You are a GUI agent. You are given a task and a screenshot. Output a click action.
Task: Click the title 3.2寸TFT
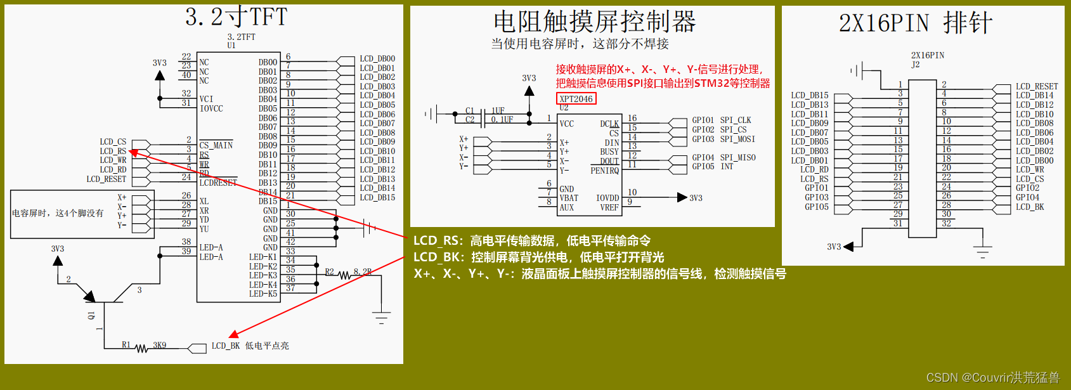click(x=236, y=17)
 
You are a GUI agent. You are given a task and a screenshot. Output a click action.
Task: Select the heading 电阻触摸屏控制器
click(x=594, y=22)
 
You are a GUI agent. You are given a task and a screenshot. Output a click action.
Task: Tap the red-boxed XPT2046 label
click(x=576, y=99)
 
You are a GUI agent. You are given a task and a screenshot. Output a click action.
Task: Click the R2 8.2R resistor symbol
click(x=345, y=275)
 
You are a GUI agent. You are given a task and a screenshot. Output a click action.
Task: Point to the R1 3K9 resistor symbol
click(x=141, y=348)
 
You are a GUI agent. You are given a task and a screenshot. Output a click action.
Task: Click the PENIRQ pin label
click(x=604, y=171)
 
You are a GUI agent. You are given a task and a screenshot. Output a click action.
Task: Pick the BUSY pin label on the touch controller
click(x=609, y=152)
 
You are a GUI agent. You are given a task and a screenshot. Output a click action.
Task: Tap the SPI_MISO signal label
click(x=737, y=158)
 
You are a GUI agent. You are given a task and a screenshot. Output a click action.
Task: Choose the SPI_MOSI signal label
click(x=737, y=139)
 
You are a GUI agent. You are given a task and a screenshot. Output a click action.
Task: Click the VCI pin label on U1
click(x=206, y=100)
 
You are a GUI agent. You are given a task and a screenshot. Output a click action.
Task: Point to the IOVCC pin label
click(x=211, y=109)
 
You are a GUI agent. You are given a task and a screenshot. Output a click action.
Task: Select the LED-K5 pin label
click(x=263, y=294)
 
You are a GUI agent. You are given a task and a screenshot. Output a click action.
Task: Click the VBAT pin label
click(x=569, y=198)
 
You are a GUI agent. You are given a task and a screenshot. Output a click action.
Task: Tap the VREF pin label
click(x=609, y=208)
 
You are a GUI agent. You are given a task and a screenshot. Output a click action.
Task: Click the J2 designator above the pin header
click(x=915, y=65)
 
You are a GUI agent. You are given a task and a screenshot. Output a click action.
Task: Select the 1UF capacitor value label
click(x=498, y=111)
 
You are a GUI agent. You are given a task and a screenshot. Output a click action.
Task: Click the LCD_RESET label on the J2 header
click(x=1036, y=87)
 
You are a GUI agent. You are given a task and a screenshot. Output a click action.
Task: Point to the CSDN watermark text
click(x=992, y=378)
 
